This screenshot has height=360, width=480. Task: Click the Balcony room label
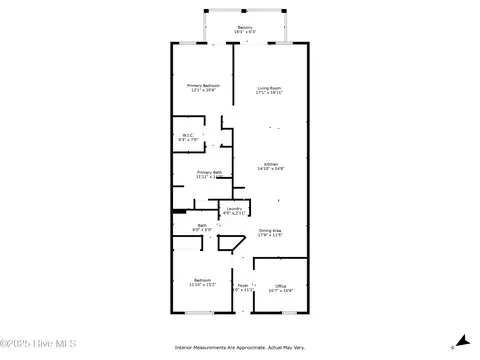click(x=244, y=27)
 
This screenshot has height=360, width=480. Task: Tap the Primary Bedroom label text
click(x=203, y=86)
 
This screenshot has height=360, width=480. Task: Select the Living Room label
click(x=269, y=87)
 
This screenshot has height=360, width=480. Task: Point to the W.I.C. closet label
click(x=188, y=135)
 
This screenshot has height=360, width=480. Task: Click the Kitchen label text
click(x=271, y=164)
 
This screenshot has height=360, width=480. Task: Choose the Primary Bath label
click(x=209, y=173)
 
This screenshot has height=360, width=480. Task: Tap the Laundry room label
click(x=233, y=209)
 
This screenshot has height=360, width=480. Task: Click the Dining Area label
click(x=269, y=230)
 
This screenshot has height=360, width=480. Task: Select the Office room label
click(x=281, y=286)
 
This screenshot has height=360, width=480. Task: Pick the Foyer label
click(x=242, y=286)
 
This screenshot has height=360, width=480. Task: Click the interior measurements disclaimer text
click(x=240, y=348)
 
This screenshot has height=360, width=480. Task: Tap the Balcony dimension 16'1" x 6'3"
click(x=244, y=32)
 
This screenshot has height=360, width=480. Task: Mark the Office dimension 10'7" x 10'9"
click(x=281, y=291)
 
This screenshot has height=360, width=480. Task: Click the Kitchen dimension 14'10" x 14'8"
click(x=271, y=169)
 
